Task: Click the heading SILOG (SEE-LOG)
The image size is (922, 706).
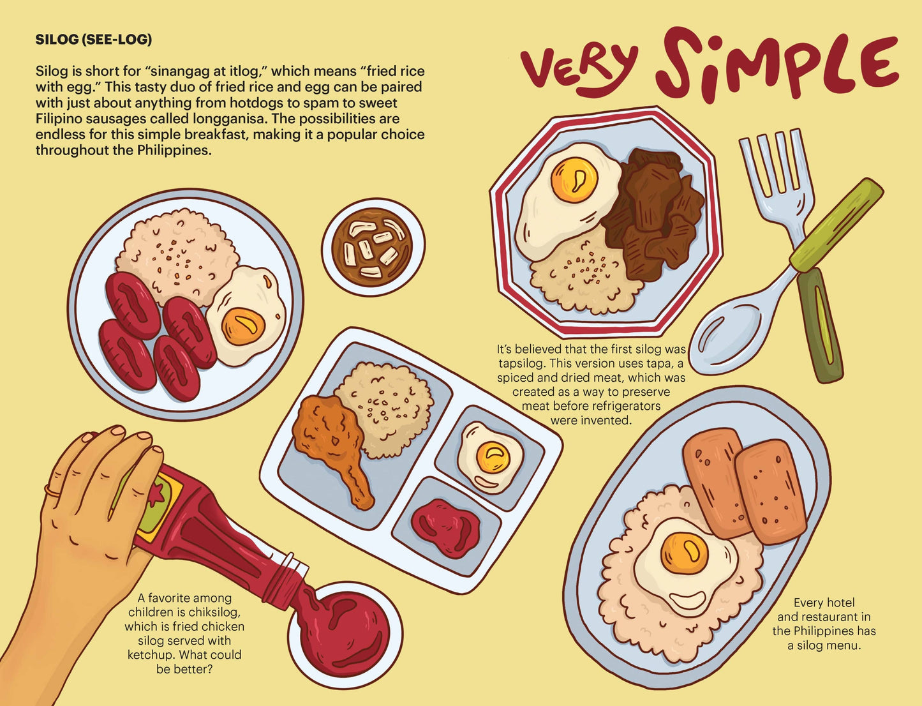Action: click(x=93, y=40)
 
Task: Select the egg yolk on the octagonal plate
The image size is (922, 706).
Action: click(x=574, y=179)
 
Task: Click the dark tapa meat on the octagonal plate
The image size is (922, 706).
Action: click(x=653, y=211)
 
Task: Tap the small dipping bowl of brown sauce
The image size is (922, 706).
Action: click(x=373, y=247)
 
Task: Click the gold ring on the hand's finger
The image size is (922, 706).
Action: click(x=52, y=492)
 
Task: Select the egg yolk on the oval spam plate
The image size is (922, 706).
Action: click(x=683, y=553)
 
